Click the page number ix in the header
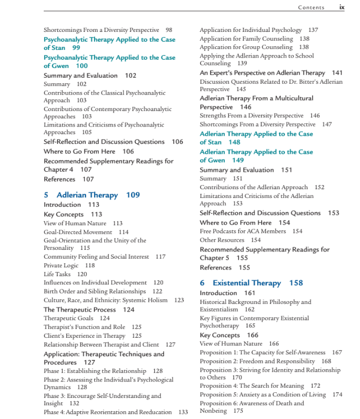point(341,7)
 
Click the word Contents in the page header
point(311,8)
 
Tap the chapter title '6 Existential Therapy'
point(240,283)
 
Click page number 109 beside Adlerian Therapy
point(133,195)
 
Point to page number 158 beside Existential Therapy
point(296,283)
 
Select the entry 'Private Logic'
point(62,265)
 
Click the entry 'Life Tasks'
point(57,274)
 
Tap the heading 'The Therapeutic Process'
point(80,309)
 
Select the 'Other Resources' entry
point(222,240)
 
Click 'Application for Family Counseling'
point(246,39)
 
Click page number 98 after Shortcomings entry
point(169,30)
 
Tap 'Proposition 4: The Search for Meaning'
point(252,386)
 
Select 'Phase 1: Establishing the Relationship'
point(95,371)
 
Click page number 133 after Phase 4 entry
point(183,412)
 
